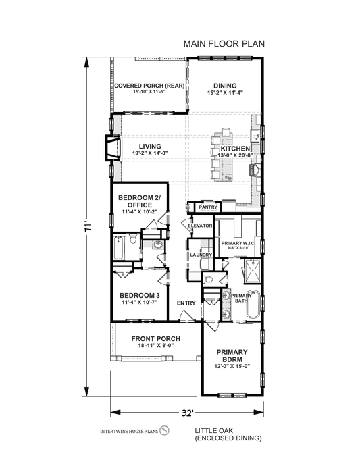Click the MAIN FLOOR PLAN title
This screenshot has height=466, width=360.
tap(224, 43)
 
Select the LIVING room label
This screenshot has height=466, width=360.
tap(150, 146)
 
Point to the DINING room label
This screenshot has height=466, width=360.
tap(225, 85)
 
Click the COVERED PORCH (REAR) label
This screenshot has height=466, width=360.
tap(149, 85)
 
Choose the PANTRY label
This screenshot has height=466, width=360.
tap(207, 207)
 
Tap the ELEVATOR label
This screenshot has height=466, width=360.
tap(201, 225)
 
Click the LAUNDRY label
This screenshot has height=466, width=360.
tap(201, 255)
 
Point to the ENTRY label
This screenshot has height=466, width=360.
tap(186, 303)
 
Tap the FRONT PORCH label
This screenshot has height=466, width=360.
tap(155, 338)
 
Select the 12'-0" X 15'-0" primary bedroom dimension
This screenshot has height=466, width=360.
tap(232, 367)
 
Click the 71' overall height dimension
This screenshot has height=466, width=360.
tap(86, 229)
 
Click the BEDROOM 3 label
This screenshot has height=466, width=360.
tap(139, 295)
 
